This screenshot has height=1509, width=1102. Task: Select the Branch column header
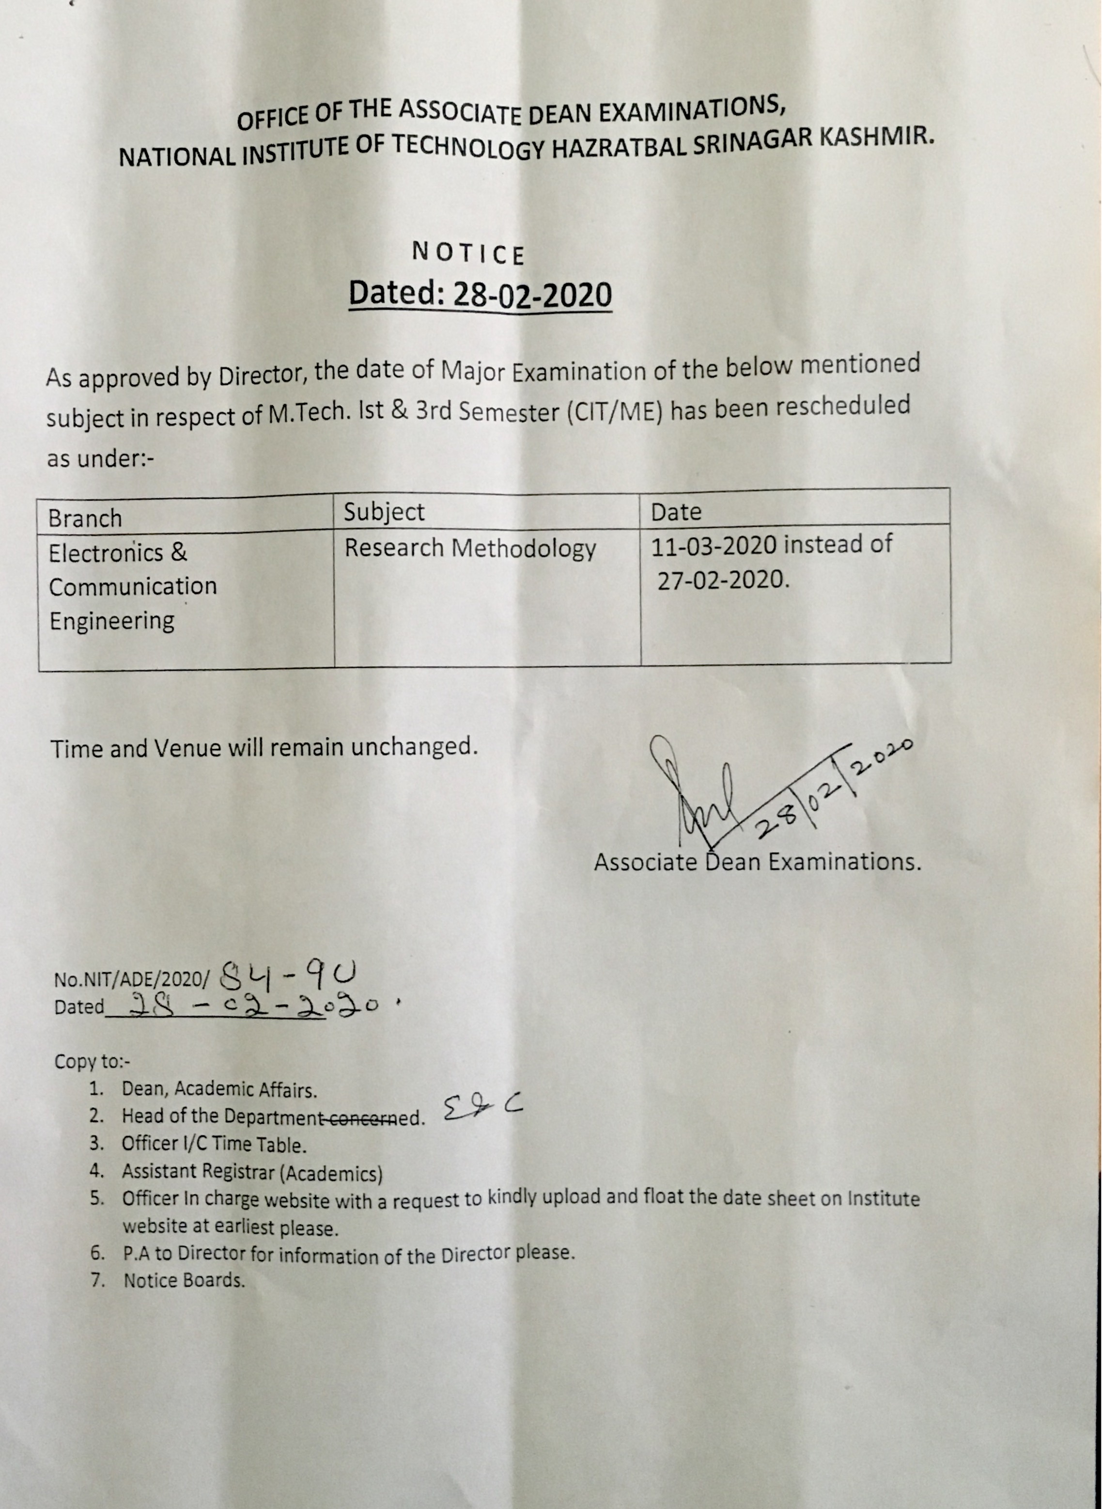coord(85,519)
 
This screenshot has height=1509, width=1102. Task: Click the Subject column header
coord(384,512)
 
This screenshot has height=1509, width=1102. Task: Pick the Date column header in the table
coord(676,512)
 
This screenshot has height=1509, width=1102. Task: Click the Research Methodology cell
coord(469,549)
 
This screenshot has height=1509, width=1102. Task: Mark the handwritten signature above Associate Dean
coord(694,794)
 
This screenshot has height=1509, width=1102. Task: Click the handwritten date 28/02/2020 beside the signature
coord(834,791)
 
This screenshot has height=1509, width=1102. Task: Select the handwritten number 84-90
coord(287,978)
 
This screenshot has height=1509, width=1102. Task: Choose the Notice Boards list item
coord(184,1281)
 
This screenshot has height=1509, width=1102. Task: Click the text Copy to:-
coord(92,1061)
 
